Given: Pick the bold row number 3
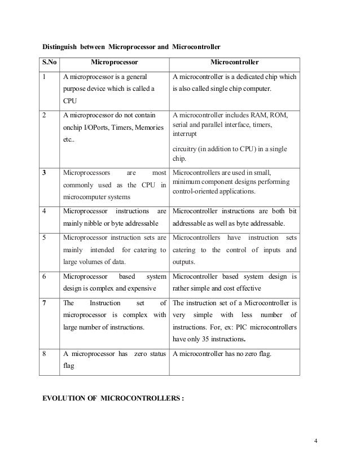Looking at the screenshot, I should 44,172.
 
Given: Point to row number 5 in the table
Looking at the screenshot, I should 44,238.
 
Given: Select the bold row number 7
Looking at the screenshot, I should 44,303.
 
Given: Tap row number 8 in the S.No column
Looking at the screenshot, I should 44,354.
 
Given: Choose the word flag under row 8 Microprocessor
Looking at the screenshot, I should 69,367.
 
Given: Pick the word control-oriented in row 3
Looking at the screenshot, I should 198,191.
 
